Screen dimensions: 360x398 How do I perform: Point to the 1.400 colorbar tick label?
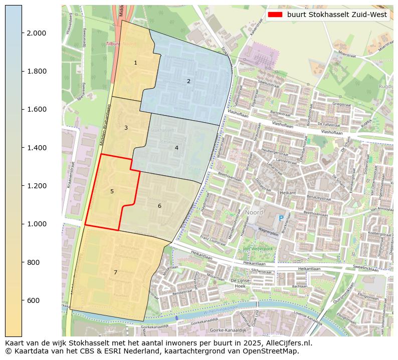click(x=36, y=148)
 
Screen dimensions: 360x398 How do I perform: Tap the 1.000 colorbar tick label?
click(x=36, y=224)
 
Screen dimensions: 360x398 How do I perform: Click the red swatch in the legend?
click(x=275, y=15)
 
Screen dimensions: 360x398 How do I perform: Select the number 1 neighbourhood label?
click(x=135, y=63)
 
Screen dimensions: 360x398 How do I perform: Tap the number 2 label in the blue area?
click(x=188, y=81)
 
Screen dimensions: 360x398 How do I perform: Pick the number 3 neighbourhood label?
click(x=126, y=128)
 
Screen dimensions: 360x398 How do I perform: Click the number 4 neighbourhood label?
click(x=176, y=148)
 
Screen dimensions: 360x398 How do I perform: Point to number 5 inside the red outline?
click(x=112, y=191)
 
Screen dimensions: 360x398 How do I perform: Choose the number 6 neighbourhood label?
click(x=159, y=206)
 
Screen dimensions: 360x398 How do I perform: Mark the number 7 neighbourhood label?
click(x=115, y=272)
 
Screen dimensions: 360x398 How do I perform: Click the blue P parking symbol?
click(x=281, y=218)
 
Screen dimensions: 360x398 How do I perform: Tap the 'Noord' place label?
click(x=254, y=212)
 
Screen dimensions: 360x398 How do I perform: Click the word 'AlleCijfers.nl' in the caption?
click(x=288, y=343)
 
